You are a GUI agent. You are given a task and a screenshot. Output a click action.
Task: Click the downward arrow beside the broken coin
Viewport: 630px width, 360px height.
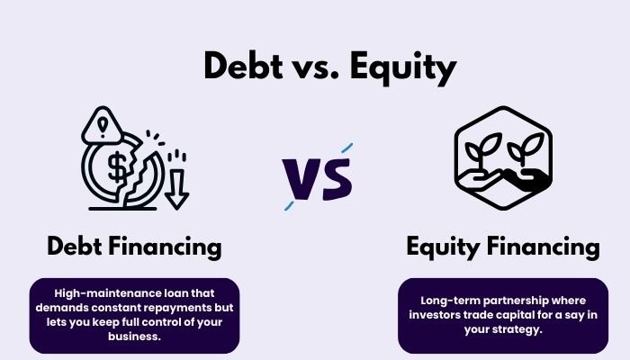pos(176,184)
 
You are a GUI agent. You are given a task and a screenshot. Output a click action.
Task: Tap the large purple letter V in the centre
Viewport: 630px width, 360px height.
pos(301,176)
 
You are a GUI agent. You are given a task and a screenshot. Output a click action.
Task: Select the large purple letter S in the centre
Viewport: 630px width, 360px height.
pos(334,176)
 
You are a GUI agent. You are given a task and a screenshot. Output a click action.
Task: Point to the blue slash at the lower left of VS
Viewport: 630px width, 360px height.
pos(290,204)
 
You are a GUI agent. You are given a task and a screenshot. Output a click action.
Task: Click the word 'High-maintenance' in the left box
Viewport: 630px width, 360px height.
pos(100,292)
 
